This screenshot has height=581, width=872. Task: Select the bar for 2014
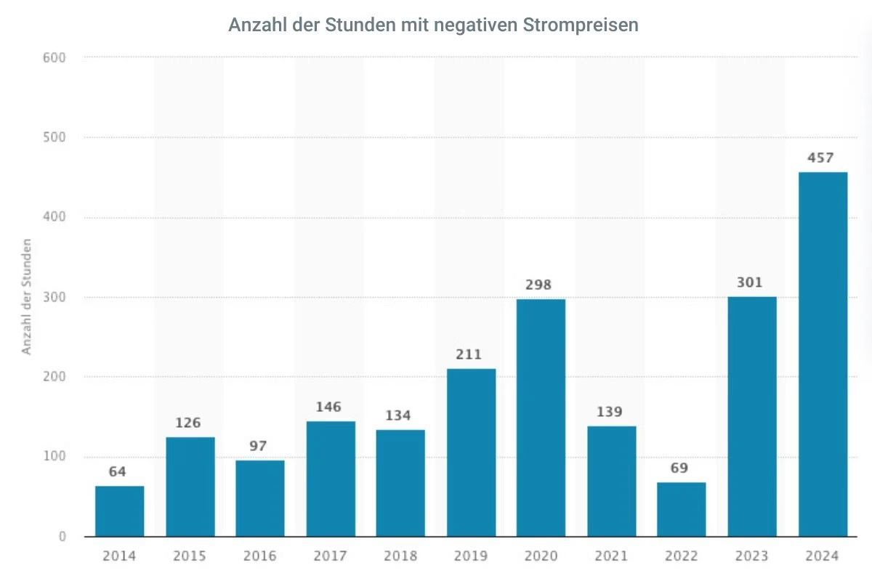point(119,511)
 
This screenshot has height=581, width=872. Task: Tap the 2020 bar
point(541,418)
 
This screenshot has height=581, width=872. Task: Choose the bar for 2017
point(331,479)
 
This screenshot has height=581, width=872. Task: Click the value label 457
point(820,158)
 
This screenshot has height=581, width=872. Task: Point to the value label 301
point(751,282)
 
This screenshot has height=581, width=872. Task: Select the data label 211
point(469,354)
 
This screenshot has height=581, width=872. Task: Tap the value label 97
point(259,446)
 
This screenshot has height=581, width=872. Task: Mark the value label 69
point(680,468)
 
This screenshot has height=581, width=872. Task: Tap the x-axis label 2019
point(471,556)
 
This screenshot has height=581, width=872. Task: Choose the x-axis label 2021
point(611,556)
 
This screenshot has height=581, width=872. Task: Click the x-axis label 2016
point(259,556)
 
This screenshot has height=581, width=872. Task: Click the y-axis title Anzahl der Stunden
point(27,296)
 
